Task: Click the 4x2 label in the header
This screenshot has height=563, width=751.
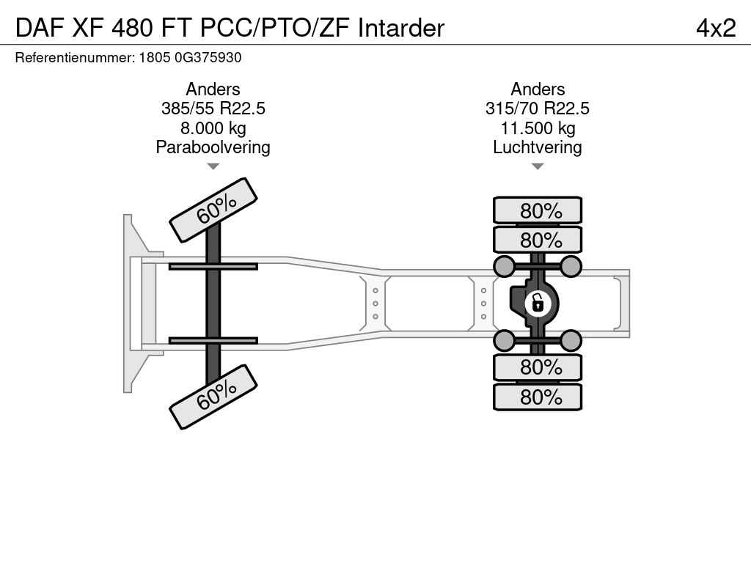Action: tap(716, 28)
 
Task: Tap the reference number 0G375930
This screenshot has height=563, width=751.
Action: tap(208, 57)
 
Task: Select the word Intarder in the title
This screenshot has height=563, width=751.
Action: tap(401, 28)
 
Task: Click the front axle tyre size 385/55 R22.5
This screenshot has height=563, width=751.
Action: tap(213, 108)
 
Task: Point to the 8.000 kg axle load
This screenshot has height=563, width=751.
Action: tap(213, 128)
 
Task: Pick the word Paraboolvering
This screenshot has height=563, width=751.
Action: tap(213, 147)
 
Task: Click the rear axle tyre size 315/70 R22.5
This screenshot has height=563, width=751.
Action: tap(538, 108)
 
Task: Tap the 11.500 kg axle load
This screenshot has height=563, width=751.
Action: tap(538, 128)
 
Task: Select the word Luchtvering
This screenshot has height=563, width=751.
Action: tap(538, 147)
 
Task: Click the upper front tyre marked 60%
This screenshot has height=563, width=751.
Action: tap(213, 210)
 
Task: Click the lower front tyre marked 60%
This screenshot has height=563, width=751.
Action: tap(213, 397)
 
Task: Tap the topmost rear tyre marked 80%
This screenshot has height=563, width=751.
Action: tap(538, 210)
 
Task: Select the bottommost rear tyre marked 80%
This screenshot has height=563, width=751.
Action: tap(538, 397)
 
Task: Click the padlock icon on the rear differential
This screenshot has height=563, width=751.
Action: tap(538, 303)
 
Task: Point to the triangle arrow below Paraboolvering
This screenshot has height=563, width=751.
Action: tap(213, 166)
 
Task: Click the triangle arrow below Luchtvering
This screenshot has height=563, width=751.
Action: tap(538, 166)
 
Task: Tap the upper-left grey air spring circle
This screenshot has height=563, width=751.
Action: tap(505, 266)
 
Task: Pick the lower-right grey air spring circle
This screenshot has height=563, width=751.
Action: tap(571, 341)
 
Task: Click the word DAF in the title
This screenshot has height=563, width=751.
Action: tap(40, 28)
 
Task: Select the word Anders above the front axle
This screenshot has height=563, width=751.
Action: tap(213, 89)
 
